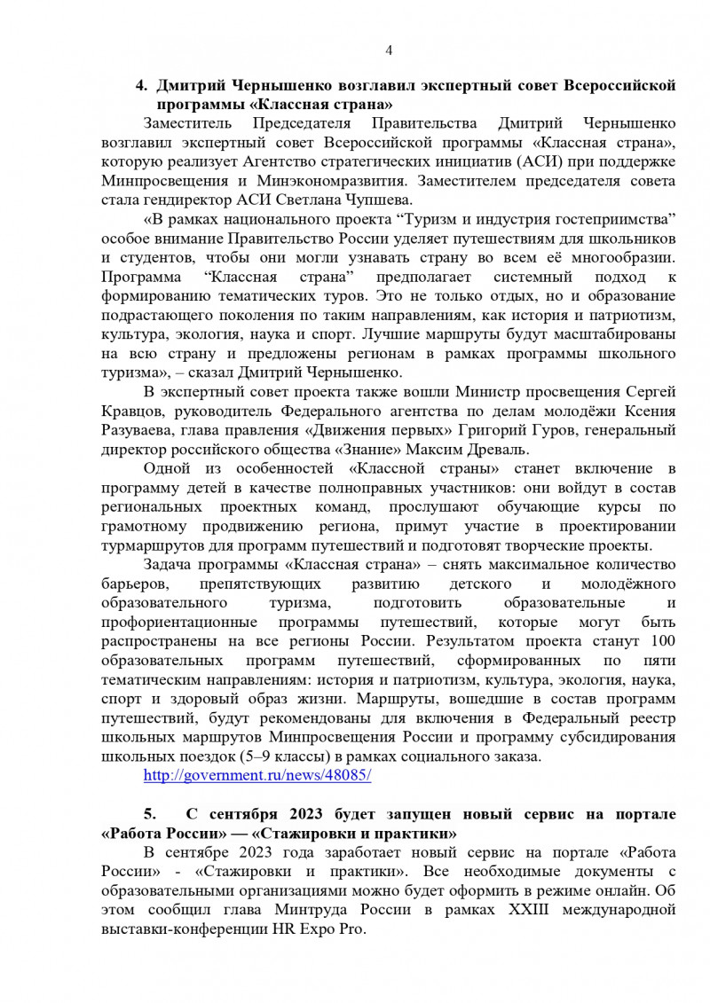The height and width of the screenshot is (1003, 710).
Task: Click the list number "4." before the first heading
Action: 140,86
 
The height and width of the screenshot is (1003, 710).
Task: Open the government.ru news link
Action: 257,774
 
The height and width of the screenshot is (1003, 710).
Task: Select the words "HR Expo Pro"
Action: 325,929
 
